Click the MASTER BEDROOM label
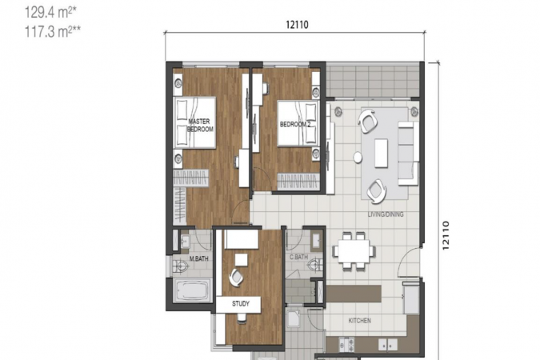coord(200,126)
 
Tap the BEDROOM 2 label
coord(295,124)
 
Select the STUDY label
coord(241,304)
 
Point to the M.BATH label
coord(198,258)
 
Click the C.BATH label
coord(298,257)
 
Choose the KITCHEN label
coord(359,321)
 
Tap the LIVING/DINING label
coord(386,214)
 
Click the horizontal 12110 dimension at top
coord(297,25)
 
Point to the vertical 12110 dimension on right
coord(446,235)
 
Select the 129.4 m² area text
coord(50,13)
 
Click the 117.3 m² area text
coord(53,32)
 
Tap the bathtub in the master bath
coord(194,290)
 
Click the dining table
coord(354,250)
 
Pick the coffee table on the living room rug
coord(382,153)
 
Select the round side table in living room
coord(358,158)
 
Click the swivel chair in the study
coord(236,277)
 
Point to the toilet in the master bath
coord(180,266)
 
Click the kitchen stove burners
coord(346,343)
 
